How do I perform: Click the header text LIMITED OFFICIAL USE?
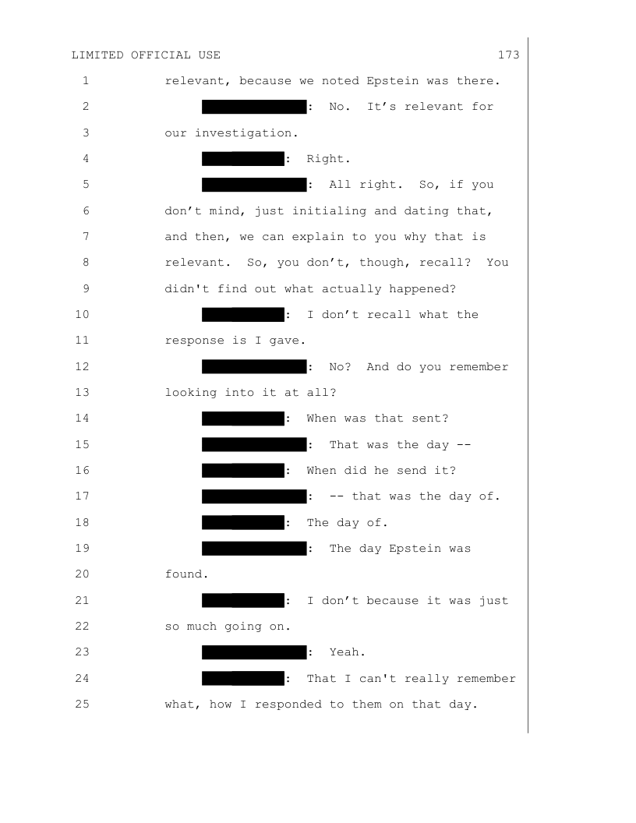[x=146, y=55]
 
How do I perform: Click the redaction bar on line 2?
[x=253, y=107]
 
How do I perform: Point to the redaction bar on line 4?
[x=242, y=159]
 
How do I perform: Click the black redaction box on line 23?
[x=253, y=652]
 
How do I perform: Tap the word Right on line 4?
[x=325, y=159]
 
